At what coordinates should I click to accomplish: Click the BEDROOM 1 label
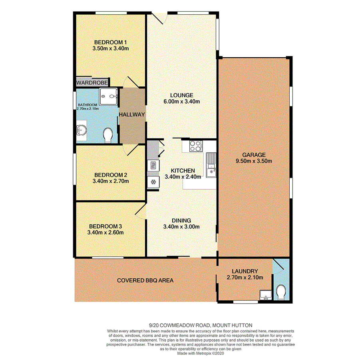tap(110, 42)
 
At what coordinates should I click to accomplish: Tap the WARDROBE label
tap(92, 82)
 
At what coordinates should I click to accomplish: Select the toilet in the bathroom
tap(108, 135)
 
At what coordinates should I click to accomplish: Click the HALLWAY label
tap(132, 115)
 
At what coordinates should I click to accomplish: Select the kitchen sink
tap(211, 165)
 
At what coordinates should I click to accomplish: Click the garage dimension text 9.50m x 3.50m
tap(253, 161)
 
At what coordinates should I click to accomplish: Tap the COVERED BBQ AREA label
tap(145, 280)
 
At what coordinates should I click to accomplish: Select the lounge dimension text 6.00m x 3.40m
tap(181, 102)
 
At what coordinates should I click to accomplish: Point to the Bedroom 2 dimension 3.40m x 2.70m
tap(111, 181)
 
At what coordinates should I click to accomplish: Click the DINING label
tap(181, 220)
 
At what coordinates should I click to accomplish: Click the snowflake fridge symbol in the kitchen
tap(153, 182)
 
